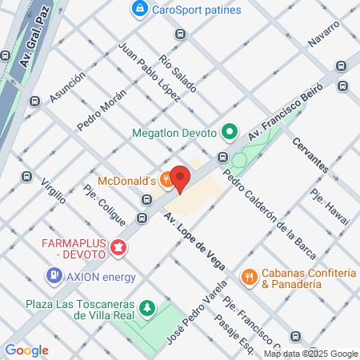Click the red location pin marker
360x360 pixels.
(179, 178)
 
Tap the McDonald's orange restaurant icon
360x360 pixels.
(166, 180)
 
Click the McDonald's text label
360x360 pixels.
(127, 180)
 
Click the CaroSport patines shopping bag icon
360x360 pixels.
(139, 10)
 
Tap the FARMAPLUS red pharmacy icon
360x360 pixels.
(119, 248)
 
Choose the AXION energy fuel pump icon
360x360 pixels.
(54, 277)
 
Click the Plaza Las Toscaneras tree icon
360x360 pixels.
(146, 308)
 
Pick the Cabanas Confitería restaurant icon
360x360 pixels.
(250, 277)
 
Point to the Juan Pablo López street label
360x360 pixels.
(147, 72)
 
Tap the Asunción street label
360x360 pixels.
(66, 88)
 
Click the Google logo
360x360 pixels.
(26, 350)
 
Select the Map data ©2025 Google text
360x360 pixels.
(311, 354)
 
